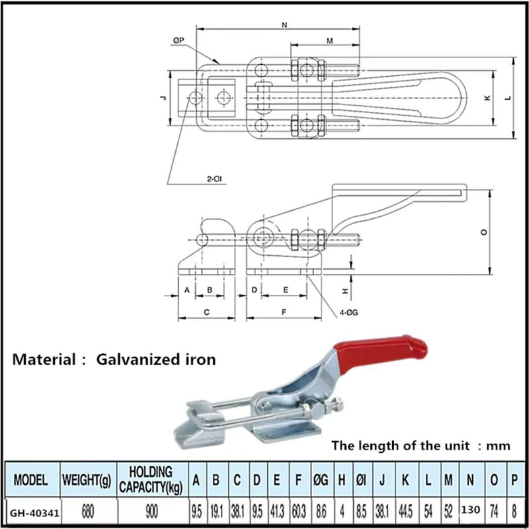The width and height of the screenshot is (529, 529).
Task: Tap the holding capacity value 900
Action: point(151,511)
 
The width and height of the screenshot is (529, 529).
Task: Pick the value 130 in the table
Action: point(469,510)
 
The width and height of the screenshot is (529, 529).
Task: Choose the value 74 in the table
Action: point(493,510)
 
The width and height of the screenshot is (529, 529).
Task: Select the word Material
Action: point(44,360)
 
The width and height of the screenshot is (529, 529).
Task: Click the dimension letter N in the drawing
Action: point(284,26)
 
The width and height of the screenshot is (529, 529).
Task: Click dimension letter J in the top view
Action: point(162,97)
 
